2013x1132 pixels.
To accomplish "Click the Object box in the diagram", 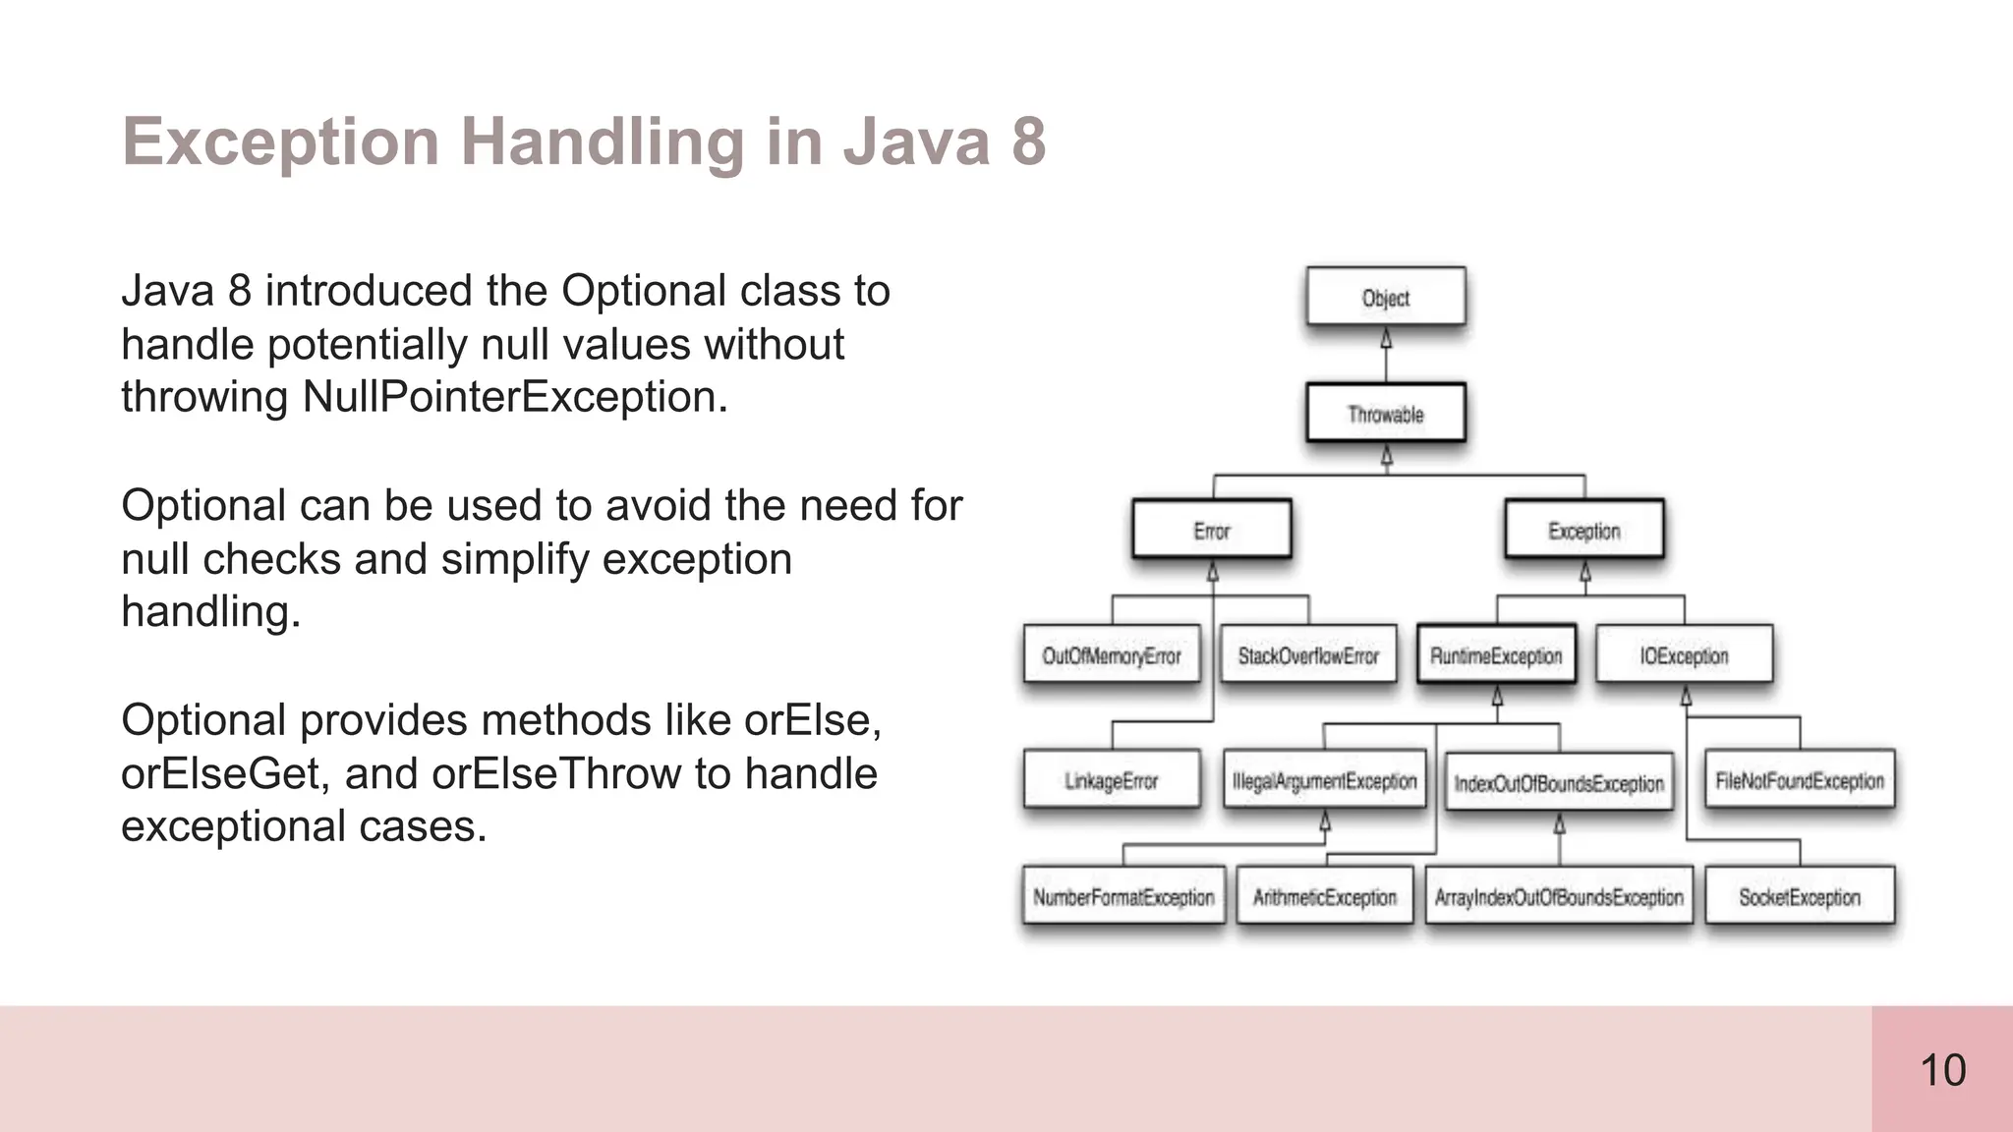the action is [x=1386, y=297].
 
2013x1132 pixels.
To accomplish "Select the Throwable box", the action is [x=1386, y=414].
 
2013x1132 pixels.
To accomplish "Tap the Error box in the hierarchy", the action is [x=1212, y=531].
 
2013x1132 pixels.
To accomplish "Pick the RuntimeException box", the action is [x=1496, y=654].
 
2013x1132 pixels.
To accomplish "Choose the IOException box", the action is [x=1684, y=654].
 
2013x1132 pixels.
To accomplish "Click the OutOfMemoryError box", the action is [x=1112, y=654].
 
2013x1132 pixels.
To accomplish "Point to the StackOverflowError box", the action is [x=1308, y=654].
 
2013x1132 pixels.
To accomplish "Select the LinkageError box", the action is [x=1112, y=780].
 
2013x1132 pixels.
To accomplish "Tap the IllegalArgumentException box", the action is [x=1325, y=780].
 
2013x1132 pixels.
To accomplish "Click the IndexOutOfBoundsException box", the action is [x=1559, y=782].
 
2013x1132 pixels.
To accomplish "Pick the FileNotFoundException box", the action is [x=1800, y=780].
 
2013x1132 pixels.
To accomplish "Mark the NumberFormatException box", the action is [x=1123, y=896].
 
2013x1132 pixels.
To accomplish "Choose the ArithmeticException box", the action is [x=1325, y=896].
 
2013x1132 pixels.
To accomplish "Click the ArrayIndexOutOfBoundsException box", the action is [x=1559, y=896].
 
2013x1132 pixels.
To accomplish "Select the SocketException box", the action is [x=1800, y=896].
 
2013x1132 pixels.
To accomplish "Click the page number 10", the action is [x=1942, y=1070].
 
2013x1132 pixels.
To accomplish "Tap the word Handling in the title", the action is [x=602, y=141].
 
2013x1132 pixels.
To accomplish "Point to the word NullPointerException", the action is [x=514, y=397].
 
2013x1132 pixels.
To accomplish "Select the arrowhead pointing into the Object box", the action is [x=1386, y=339].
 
